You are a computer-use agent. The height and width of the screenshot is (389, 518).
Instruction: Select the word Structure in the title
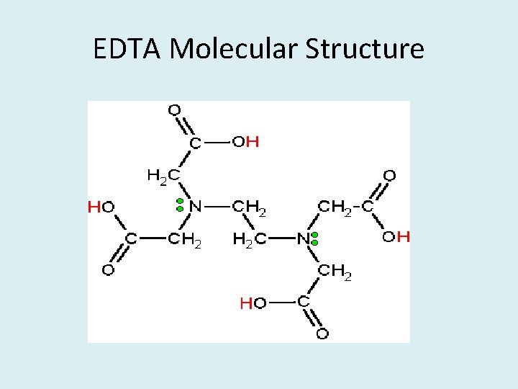pos(365,49)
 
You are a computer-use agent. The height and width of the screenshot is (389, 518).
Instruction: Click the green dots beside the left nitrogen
pos(180,205)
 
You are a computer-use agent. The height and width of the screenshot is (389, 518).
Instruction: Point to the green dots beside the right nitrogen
pos(315,239)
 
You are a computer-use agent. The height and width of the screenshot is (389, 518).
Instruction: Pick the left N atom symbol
pos(195,206)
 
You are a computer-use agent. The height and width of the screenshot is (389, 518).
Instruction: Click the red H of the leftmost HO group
pos(94,207)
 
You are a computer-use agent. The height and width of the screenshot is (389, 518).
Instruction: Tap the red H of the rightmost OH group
pos(404,236)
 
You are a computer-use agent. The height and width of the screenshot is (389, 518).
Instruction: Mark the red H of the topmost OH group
pos(253,142)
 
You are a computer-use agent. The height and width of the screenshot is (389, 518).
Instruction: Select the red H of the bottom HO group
pos(245,304)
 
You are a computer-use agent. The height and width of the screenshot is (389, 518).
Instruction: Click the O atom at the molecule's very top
pos(173,110)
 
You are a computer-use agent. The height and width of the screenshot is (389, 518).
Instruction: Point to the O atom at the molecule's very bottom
pos(322,334)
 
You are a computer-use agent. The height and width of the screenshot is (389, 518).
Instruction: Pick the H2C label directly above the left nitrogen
pos(163,175)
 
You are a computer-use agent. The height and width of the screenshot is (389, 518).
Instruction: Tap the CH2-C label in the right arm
pos(346,207)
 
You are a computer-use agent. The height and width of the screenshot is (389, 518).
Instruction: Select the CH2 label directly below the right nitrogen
pos(335,272)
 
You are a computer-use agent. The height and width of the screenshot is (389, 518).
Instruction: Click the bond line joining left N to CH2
pos(217,207)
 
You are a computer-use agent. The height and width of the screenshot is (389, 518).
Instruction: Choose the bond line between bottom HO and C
pos(281,303)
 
